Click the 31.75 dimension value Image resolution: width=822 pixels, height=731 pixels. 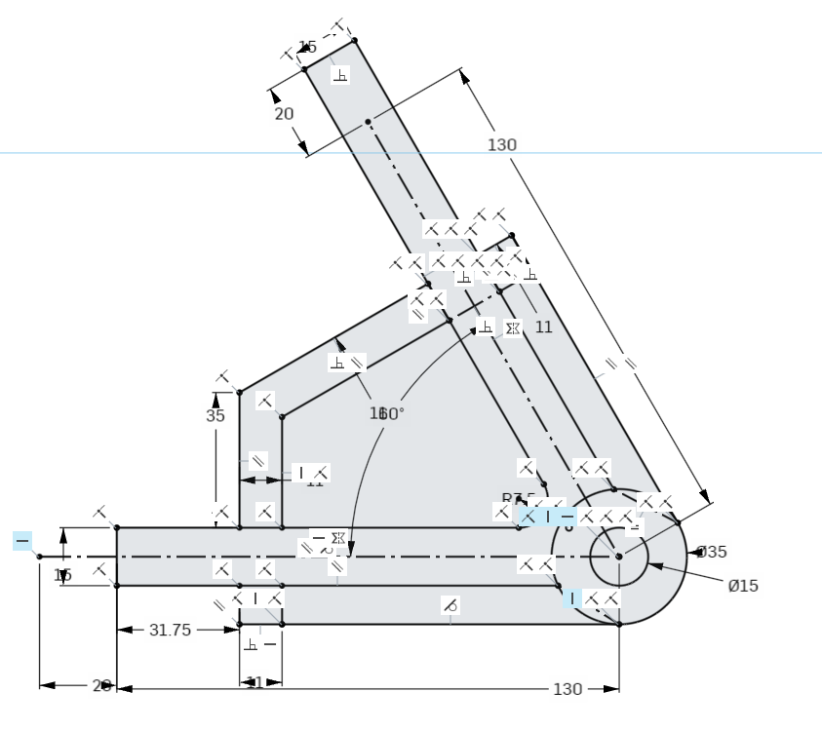point(170,631)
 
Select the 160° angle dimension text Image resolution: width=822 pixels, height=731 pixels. point(386,413)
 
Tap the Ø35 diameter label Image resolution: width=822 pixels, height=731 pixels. point(712,552)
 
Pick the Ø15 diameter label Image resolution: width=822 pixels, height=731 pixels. point(743,586)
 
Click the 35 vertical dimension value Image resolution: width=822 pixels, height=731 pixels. point(215,415)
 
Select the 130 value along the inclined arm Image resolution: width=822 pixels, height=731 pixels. point(501,145)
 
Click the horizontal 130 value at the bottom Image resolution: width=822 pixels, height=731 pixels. point(567,689)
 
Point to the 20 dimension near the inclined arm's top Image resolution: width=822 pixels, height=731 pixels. point(283,114)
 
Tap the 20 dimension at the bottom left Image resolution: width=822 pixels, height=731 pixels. point(101,686)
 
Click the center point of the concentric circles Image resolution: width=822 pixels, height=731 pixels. point(618,557)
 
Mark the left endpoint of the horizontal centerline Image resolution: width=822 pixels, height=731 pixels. point(39,557)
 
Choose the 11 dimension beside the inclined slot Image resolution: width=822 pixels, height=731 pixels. point(543,327)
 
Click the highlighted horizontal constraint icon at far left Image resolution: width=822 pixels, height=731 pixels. point(22,540)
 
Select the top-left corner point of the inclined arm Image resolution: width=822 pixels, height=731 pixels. point(303,69)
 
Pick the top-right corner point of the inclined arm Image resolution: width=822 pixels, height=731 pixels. point(354,40)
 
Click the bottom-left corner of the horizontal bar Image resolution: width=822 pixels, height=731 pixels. point(117,585)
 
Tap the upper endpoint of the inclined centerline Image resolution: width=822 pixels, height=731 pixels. point(368,122)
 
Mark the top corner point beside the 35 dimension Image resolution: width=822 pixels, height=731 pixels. point(239,392)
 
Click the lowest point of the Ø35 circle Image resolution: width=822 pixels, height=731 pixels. point(618,624)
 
